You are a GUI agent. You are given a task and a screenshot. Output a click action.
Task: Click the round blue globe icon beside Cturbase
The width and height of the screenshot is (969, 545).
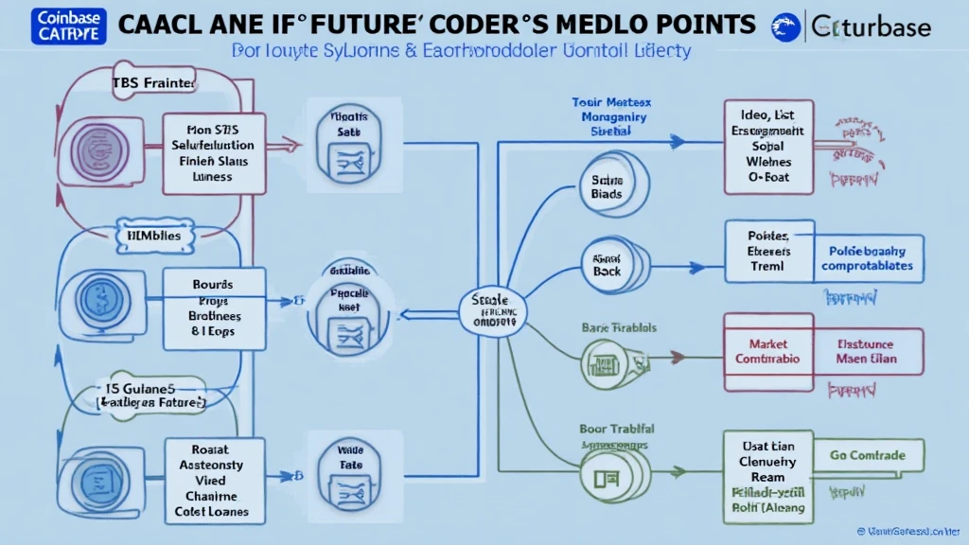pyautogui.click(x=785, y=26)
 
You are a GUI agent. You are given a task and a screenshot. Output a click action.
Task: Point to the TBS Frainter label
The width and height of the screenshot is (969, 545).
pyautogui.click(x=154, y=84)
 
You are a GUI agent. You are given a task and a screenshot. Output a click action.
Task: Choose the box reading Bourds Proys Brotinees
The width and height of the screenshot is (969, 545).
pyautogui.click(x=214, y=306)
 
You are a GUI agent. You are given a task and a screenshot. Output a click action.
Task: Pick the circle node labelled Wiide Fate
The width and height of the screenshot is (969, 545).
pyautogui.click(x=338, y=460)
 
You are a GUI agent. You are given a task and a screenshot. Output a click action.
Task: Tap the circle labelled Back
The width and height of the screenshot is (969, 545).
pyautogui.click(x=606, y=263)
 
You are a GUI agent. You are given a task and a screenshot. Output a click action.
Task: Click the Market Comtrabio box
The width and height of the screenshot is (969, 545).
pyautogui.click(x=767, y=351)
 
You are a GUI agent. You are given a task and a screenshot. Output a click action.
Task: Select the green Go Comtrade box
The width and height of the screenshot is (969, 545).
pyautogui.click(x=867, y=454)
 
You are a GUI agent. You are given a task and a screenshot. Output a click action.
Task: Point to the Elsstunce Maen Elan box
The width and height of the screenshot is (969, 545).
pyautogui.click(x=867, y=351)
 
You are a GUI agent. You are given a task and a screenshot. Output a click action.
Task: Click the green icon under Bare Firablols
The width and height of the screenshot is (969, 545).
pyautogui.click(x=602, y=360)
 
